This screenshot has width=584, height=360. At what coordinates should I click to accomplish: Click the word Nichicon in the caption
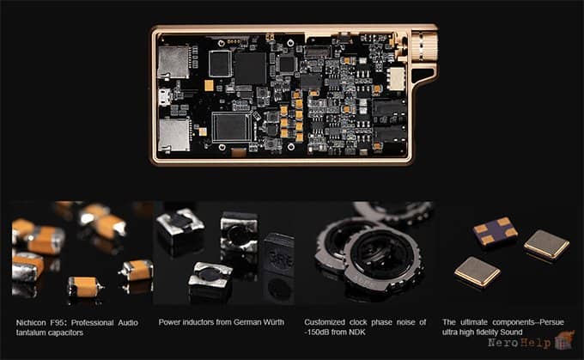tap(31, 323)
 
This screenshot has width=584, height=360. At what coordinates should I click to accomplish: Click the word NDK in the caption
tap(357, 332)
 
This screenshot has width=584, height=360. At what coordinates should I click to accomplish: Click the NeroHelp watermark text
tap(520, 343)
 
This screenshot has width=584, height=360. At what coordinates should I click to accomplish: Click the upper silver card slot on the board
tap(173, 62)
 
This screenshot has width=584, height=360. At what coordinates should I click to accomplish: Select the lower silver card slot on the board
tap(173, 135)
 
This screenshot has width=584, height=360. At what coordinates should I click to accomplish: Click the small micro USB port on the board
tap(165, 97)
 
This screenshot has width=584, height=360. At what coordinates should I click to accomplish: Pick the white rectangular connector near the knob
tap(396, 78)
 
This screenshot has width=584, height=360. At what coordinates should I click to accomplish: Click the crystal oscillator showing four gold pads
tap(495, 230)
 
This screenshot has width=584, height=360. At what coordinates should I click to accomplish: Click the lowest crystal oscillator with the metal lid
tap(478, 272)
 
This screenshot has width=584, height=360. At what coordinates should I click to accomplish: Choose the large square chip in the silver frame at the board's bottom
tap(232, 126)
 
